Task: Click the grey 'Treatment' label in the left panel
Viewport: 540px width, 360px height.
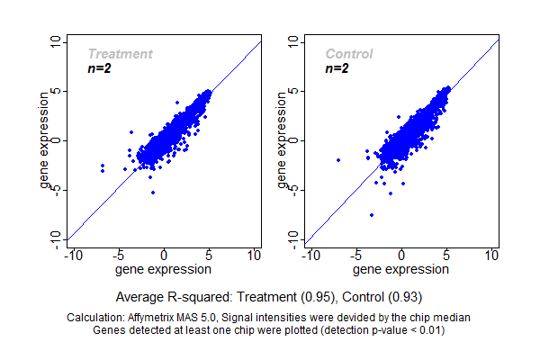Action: tap(120, 54)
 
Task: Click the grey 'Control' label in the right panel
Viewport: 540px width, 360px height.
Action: tap(349, 54)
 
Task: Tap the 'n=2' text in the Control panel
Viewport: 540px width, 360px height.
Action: tap(337, 68)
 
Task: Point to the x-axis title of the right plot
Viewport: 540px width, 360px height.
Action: tap(401, 268)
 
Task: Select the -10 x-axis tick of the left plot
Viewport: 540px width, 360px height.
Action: tap(74, 256)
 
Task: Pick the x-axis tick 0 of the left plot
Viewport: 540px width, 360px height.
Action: tap(165, 256)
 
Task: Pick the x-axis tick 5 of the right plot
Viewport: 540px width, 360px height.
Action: tap(447, 256)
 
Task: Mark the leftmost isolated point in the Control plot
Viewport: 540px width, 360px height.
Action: tap(338, 160)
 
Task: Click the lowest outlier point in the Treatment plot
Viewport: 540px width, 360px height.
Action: tap(152, 193)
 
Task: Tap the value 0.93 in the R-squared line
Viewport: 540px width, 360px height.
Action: tap(405, 296)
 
